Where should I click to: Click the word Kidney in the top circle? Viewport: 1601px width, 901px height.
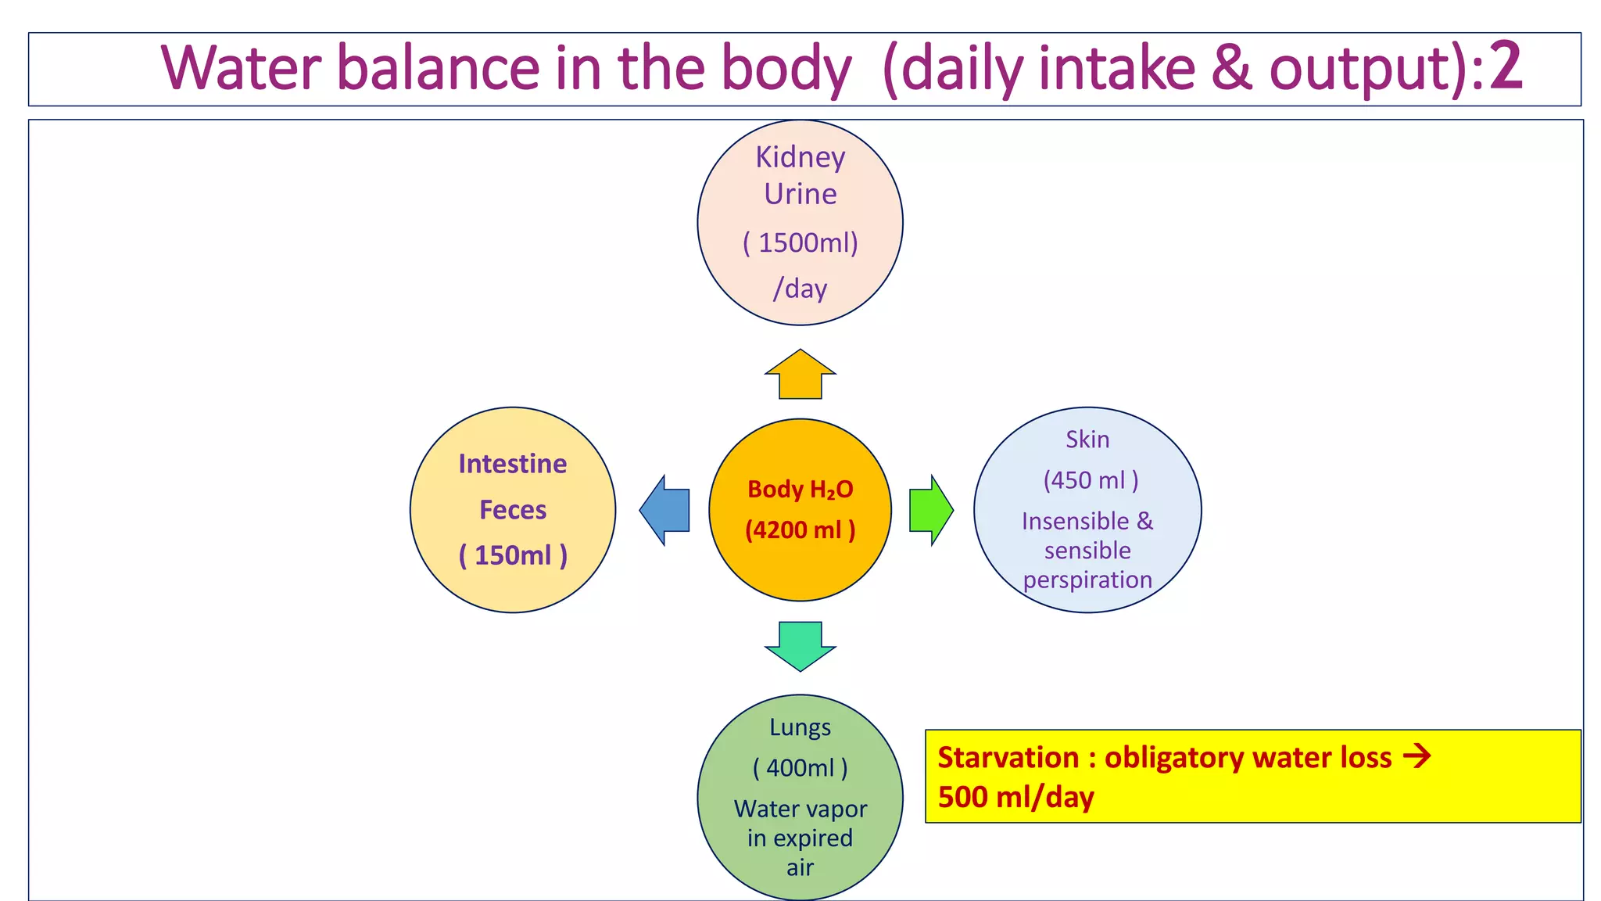[x=800, y=158]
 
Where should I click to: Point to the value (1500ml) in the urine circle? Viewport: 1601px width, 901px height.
[x=800, y=242]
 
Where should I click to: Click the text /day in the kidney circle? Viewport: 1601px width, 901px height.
[x=800, y=289]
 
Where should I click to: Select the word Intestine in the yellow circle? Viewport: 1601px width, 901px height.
[x=512, y=464]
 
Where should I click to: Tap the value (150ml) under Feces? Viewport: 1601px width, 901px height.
[x=512, y=555]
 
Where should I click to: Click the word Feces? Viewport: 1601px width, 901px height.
[x=512, y=510]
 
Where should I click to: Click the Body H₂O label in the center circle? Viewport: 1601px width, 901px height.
[x=800, y=490]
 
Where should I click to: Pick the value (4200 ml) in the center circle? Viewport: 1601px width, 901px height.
[x=800, y=530]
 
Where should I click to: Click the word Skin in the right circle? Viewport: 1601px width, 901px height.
[x=1087, y=440]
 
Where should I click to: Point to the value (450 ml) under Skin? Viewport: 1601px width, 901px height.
[x=1090, y=480]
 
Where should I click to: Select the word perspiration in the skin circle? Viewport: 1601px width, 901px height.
[x=1087, y=580]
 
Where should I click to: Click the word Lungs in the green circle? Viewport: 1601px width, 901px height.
[x=800, y=727]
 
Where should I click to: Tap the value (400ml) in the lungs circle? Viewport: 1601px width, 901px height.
[x=800, y=768]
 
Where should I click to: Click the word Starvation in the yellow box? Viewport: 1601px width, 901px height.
[x=1008, y=757]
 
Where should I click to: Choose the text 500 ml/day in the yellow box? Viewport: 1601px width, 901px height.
[x=1015, y=797]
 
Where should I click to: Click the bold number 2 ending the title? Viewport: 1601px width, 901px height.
[x=1505, y=67]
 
